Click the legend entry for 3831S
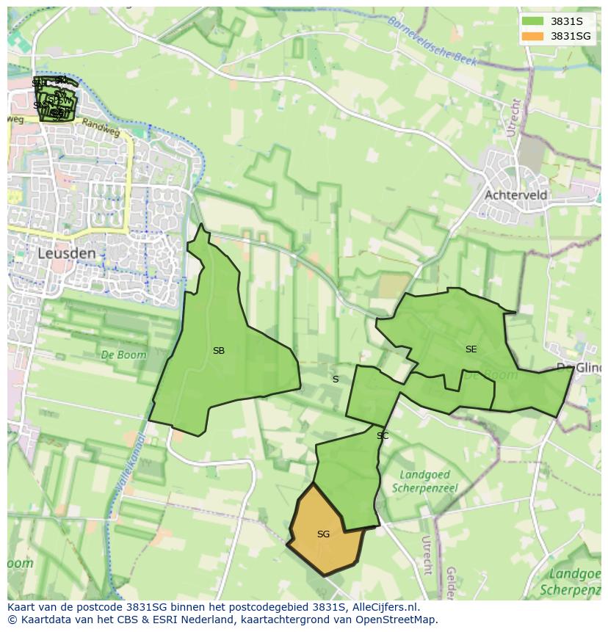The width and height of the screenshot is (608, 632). pyautogui.click(x=566, y=21)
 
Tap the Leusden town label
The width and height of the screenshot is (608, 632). pyautogui.click(x=67, y=253)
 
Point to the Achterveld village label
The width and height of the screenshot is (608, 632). pyautogui.click(x=515, y=195)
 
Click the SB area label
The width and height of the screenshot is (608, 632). pyautogui.click(x=219, y=351)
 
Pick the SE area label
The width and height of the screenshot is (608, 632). pyautogui.click(x=471, y=349)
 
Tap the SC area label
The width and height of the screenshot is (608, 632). pyautogui.click(x=383, y=436)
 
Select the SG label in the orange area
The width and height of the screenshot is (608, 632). pyautogui.click(x=323, y=534)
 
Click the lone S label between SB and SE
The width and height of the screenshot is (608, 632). pyautogui.click(x=336, y=379)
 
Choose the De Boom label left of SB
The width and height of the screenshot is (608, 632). pyautogui.click(x=123, y=355)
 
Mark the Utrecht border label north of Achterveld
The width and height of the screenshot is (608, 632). pyautogui.click(x=513, y=117)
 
